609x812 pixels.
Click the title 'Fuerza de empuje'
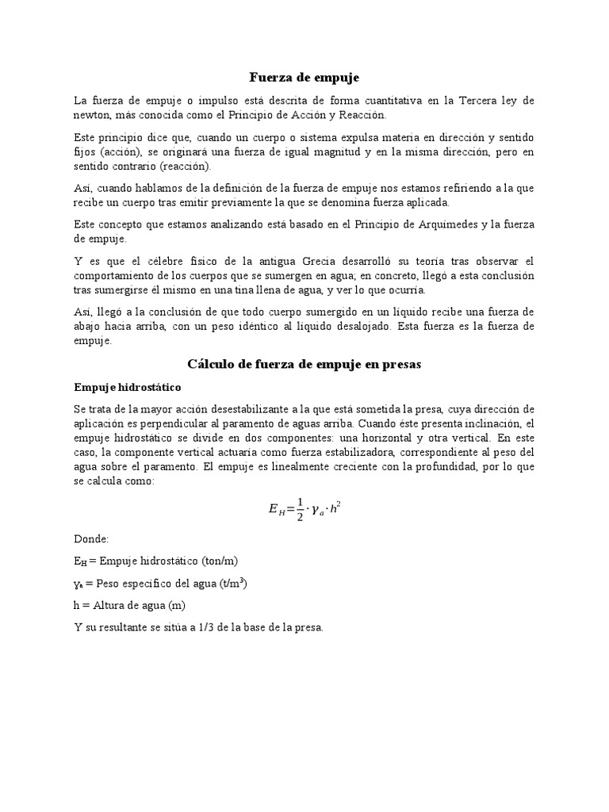coord(304,78)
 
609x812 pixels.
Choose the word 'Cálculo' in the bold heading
coord(213,364)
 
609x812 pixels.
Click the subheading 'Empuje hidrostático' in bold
coord(128,388)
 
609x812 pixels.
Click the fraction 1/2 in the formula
coord(300,510)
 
